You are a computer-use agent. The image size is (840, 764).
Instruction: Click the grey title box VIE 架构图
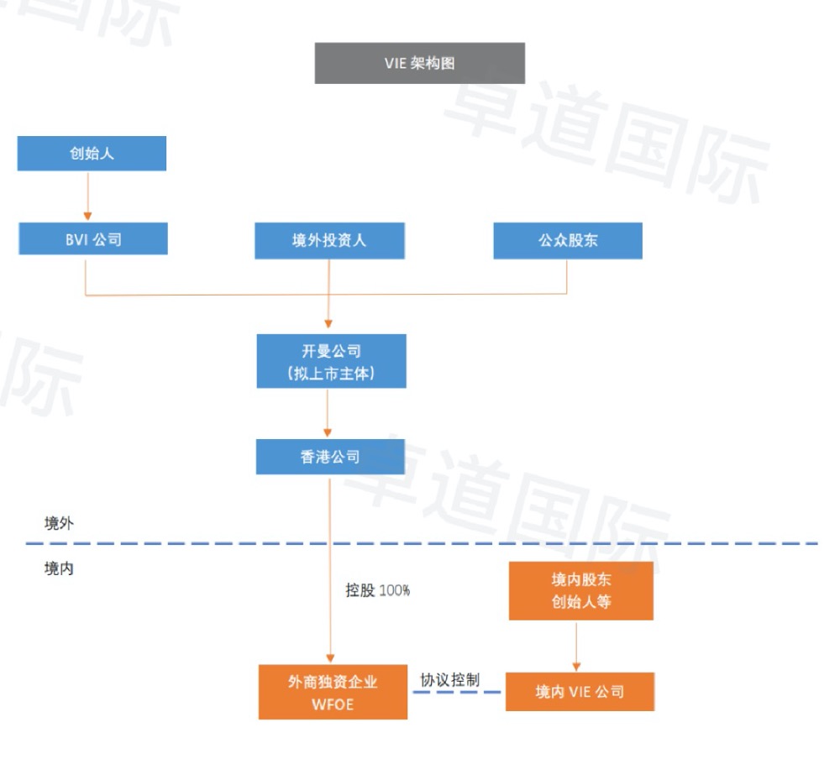point(419,63)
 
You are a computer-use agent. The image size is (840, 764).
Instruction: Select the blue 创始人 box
point(92,153)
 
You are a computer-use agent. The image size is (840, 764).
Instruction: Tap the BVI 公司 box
point(93,238)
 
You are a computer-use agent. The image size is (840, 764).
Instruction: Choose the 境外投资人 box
point(329,240)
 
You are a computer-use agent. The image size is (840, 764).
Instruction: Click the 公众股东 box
point(568,240)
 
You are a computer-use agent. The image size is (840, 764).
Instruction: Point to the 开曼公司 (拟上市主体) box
point(331,361)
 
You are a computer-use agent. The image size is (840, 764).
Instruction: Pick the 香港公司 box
point(330,457)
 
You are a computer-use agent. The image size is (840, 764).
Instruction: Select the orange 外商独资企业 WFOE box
point(333,693)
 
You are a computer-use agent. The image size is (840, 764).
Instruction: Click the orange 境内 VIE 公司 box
point(580,692)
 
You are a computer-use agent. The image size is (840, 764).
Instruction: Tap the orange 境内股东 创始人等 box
point(581,590)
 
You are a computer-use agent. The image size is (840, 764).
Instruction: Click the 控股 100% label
point(378,590)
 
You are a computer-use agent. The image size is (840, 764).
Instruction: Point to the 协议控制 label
point(449,680)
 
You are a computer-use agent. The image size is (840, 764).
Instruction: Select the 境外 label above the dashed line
point(59,523)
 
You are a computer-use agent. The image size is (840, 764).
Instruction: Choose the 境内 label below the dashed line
point(59,568)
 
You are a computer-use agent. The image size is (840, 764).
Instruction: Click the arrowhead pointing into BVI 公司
point(88,216)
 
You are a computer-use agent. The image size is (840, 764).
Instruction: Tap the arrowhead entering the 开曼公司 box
point(328,324)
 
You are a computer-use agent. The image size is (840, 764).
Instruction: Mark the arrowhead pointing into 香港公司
point(328,432)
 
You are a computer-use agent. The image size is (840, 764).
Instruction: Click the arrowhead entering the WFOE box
point(330,658)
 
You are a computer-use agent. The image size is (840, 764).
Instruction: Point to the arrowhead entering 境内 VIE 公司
point(576,667)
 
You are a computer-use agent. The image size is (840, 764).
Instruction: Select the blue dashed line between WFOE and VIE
point(456,693)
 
